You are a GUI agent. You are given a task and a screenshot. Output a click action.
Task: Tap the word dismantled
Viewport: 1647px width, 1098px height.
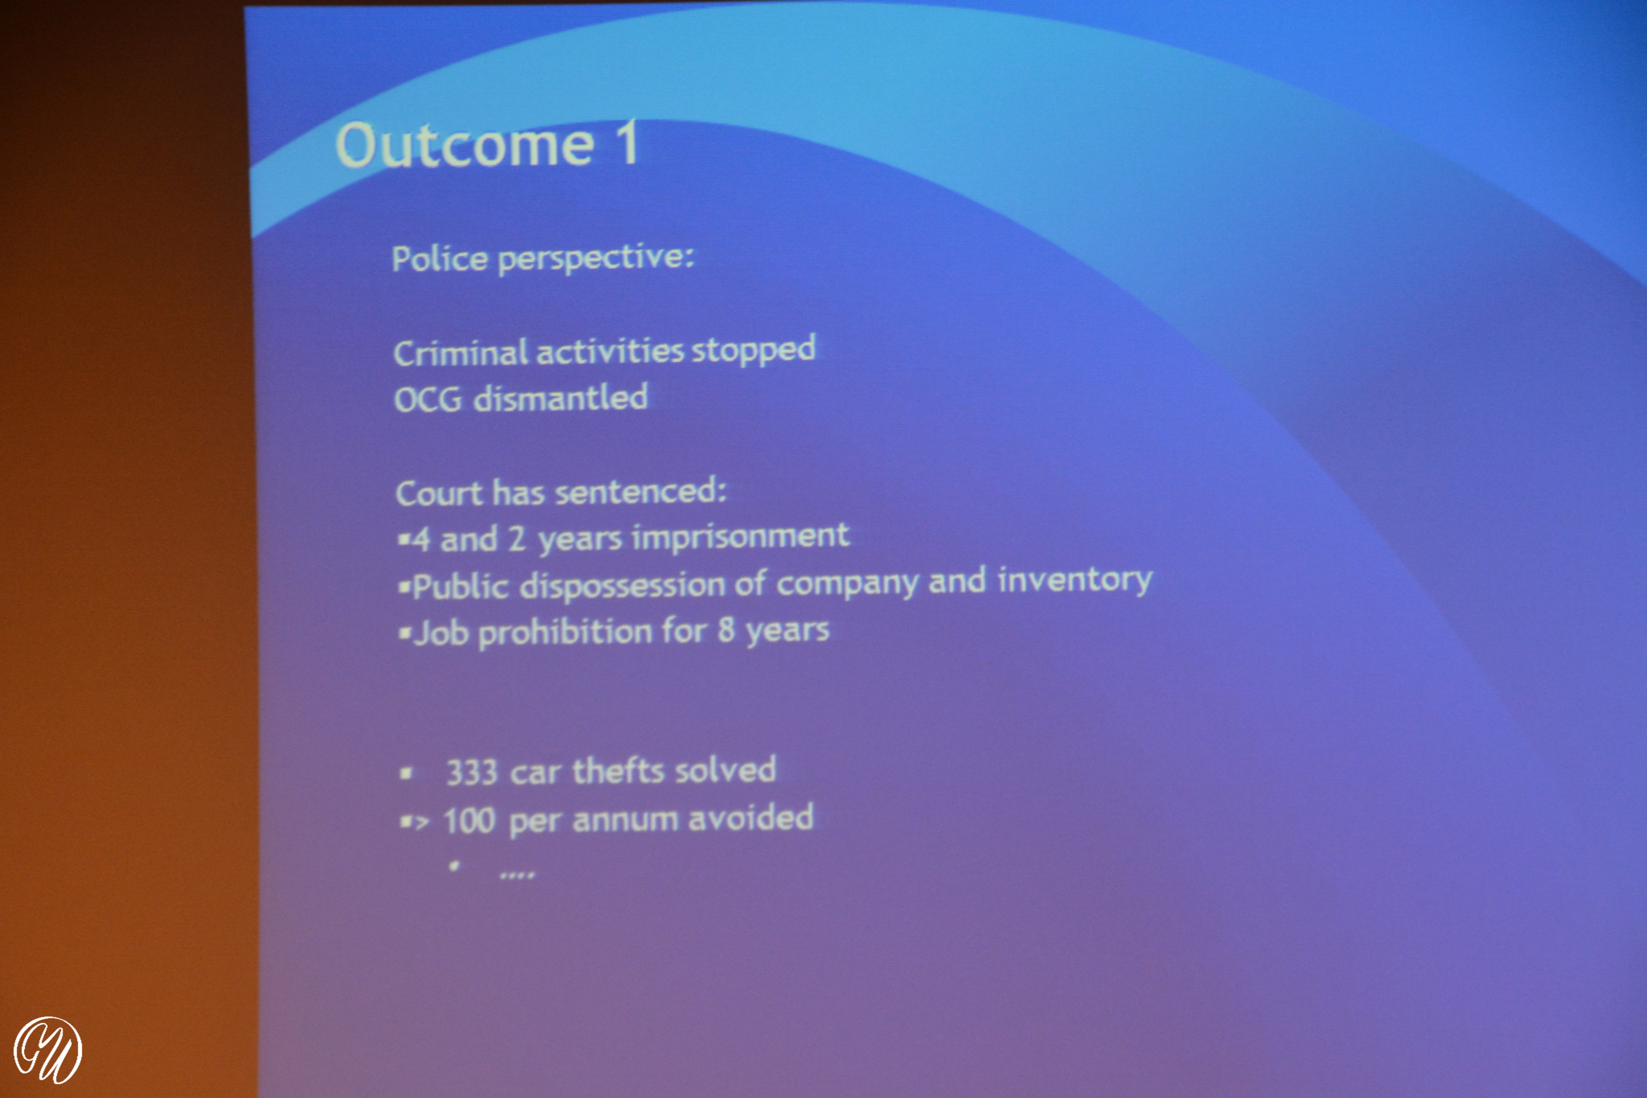[x=560, y=398]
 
